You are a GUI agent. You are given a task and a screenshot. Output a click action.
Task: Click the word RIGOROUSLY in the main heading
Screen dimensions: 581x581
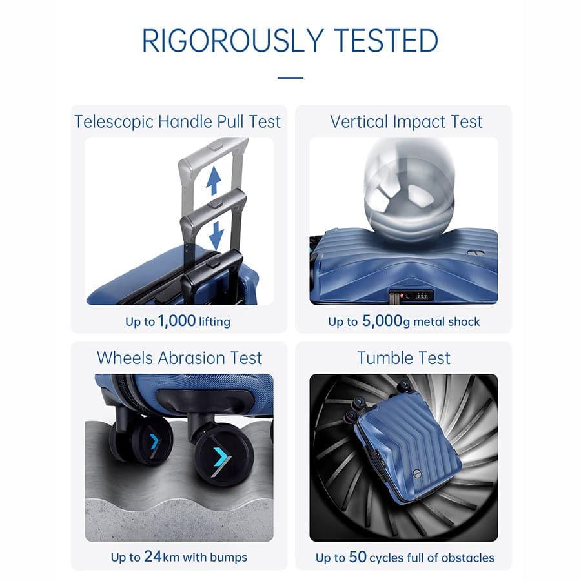[x=232, y=41]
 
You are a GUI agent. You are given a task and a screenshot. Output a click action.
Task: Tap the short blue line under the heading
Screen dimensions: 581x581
[x=290, y=78]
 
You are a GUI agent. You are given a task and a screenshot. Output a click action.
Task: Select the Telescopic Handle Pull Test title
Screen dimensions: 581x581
[x=178, y=121]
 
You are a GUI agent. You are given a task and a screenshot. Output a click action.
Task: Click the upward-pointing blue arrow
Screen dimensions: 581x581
[x=214, y=181]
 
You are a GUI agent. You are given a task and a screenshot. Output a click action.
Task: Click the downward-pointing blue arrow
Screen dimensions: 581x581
[x=216, y=235]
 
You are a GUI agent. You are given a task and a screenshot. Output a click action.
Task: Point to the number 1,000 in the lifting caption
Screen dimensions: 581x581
[x=177, y=321]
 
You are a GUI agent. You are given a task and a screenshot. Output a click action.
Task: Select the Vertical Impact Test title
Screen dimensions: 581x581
[x=406, y=121]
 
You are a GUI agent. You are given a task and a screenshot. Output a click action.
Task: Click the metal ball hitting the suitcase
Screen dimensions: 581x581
[x=409, y=192]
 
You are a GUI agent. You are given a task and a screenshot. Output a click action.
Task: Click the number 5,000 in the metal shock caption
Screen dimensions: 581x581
[x=382, y=321]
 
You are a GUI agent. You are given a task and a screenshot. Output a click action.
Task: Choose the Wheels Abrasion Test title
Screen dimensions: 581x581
[x=179, y=358]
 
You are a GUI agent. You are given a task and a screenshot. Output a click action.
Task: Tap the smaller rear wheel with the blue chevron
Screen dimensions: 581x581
[x=152, y=442]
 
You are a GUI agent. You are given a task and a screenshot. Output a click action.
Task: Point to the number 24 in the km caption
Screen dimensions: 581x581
[x=153, y=556]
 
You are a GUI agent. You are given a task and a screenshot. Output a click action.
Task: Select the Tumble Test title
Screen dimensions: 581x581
[x=403, y=358]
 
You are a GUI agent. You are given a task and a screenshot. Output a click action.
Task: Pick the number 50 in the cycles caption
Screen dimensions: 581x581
[x=358, y=556]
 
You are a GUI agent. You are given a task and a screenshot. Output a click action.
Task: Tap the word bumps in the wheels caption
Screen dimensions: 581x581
[x=229, y=558]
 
